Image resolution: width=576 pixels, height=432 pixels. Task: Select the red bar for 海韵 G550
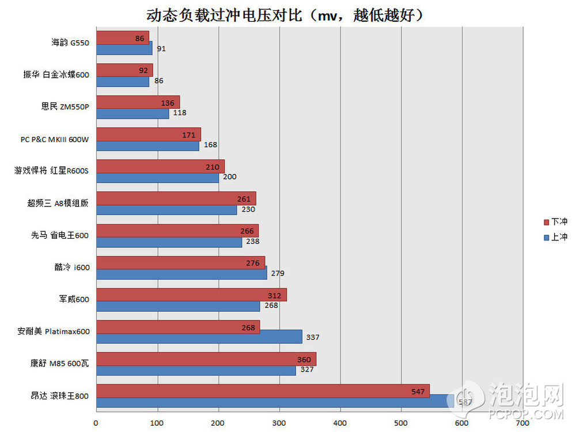pos(122,37)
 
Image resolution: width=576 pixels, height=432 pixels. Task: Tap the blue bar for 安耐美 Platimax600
pos(199,337)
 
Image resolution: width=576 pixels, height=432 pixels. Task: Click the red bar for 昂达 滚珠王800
pos(263,391)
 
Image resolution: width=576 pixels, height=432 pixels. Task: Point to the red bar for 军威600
pos(191,295)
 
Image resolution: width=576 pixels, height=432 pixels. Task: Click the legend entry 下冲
pos(555,221)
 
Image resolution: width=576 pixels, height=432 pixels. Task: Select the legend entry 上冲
pos(555,236)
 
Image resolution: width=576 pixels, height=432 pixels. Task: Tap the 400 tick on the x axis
pos(340,423)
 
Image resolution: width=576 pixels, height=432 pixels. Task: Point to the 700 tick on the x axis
pos(523,423)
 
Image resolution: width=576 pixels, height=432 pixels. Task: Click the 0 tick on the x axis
pos(96,423)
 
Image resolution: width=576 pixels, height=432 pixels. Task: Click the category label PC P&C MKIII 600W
pos(55,139)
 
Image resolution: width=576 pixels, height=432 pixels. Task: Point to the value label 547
pos(419,392)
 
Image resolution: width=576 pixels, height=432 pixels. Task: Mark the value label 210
pos(214,167)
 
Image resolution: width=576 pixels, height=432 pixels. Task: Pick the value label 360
pos(305,360)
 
